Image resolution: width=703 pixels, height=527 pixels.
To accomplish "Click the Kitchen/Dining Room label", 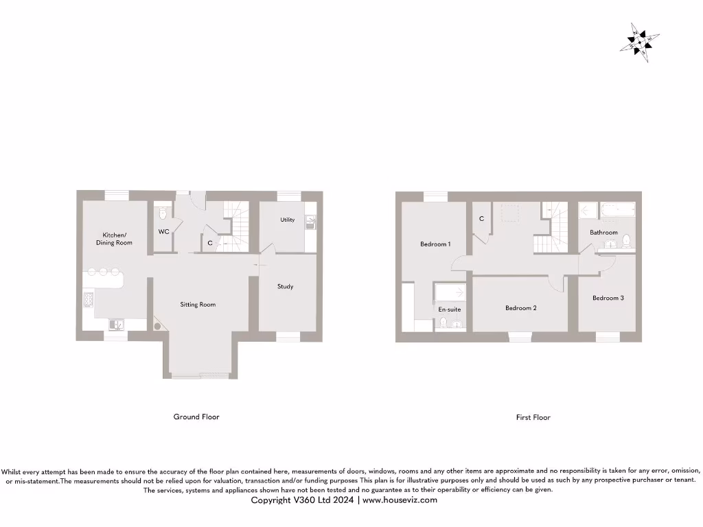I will click(114, 239).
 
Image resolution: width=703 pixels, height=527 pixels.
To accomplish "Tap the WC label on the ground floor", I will click(163, 232).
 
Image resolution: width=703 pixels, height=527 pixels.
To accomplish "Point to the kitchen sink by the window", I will click(115, 325).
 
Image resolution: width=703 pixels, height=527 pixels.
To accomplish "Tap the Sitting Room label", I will click(198, 305).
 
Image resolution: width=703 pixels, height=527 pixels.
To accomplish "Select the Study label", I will click(286, 286).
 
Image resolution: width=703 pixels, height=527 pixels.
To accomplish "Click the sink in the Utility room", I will click(310, 222).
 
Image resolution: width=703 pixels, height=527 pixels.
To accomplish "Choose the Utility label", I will click(288, 220).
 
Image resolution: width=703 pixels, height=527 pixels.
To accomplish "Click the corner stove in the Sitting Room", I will click(160, 326).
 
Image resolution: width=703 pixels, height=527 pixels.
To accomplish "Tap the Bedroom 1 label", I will click(435, 244).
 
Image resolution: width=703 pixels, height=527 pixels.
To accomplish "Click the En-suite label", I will click(450, 309).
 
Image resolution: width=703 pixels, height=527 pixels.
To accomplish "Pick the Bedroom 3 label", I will click(608, 298).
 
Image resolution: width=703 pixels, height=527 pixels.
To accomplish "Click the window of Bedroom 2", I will click(520, 336).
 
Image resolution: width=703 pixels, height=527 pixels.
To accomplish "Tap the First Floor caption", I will click(533, 417).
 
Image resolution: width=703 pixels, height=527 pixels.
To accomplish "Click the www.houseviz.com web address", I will click(400, 500).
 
